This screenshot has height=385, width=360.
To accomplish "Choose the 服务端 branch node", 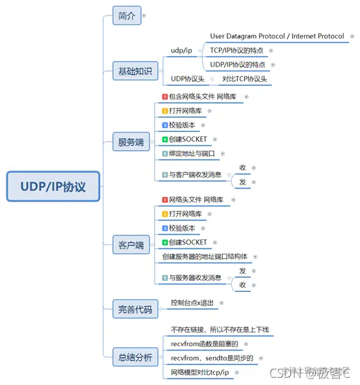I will click(131, 142).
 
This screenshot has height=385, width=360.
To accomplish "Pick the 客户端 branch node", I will click(131, 245).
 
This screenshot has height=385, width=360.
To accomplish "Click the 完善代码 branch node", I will click(135, 310).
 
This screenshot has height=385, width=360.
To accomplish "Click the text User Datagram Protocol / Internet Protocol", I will click(277, 36).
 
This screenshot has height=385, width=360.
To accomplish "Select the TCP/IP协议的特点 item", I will click(237, 50).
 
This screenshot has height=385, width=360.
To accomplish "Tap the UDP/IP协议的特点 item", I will click(237, 64).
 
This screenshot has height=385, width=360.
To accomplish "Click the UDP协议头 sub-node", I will click(187, 79).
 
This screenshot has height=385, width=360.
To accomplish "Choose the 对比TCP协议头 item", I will click(244, 79).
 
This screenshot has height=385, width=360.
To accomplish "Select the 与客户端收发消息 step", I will click(195, 174).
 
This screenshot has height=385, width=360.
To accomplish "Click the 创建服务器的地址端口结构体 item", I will click(210, 257).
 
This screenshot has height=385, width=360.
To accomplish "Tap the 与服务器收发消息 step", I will click(195, 278).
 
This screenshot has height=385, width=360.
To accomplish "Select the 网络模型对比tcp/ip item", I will click(201, 372).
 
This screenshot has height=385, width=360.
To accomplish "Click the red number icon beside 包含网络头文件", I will click(165, 97).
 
